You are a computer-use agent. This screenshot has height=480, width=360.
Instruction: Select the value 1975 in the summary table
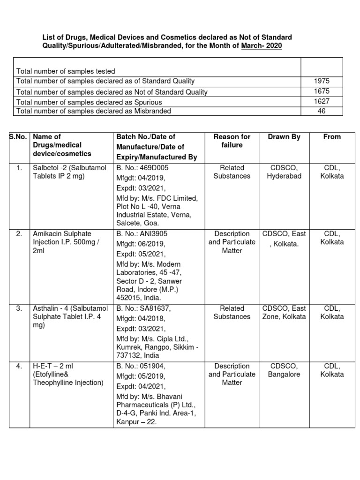click(322, 81)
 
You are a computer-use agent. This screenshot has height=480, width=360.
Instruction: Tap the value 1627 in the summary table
click(322, 101)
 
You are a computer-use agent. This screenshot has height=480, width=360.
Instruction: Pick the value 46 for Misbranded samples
click(322, 111)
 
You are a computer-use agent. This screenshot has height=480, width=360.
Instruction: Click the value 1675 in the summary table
click(322, 91)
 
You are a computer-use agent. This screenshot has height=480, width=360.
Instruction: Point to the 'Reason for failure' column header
click(232, 141)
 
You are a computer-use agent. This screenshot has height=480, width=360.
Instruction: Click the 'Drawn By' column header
click(284, 137)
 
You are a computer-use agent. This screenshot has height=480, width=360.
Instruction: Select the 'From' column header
click(332, 137)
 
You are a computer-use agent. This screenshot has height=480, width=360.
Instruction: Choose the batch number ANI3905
click(149, 234)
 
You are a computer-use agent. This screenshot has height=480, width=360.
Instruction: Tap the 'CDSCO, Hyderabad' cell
click(284, 172)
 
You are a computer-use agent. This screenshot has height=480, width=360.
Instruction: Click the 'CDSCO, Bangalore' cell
click(284, 370)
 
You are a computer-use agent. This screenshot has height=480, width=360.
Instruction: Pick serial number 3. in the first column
click(19, 308)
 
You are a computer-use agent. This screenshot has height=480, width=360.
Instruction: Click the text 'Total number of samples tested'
click(66, 71)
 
